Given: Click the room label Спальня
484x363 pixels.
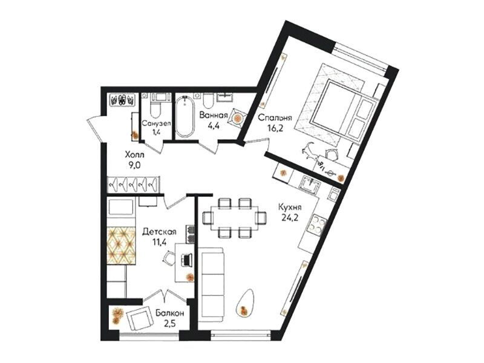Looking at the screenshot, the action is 275,118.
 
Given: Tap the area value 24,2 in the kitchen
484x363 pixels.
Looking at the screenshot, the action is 290,218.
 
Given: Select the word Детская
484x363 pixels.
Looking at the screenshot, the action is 159,232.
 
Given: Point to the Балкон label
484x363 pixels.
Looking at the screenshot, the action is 170,313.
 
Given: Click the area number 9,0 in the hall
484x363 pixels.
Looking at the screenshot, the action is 134,165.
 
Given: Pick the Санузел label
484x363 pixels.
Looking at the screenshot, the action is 157,123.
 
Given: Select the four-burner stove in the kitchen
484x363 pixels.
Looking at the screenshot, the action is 318,224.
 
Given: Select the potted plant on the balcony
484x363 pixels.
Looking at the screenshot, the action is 117,315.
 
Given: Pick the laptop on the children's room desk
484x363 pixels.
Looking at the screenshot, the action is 186,260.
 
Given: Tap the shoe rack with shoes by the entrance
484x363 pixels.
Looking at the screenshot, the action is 123,100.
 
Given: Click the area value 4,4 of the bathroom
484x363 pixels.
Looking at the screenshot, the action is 214,126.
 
